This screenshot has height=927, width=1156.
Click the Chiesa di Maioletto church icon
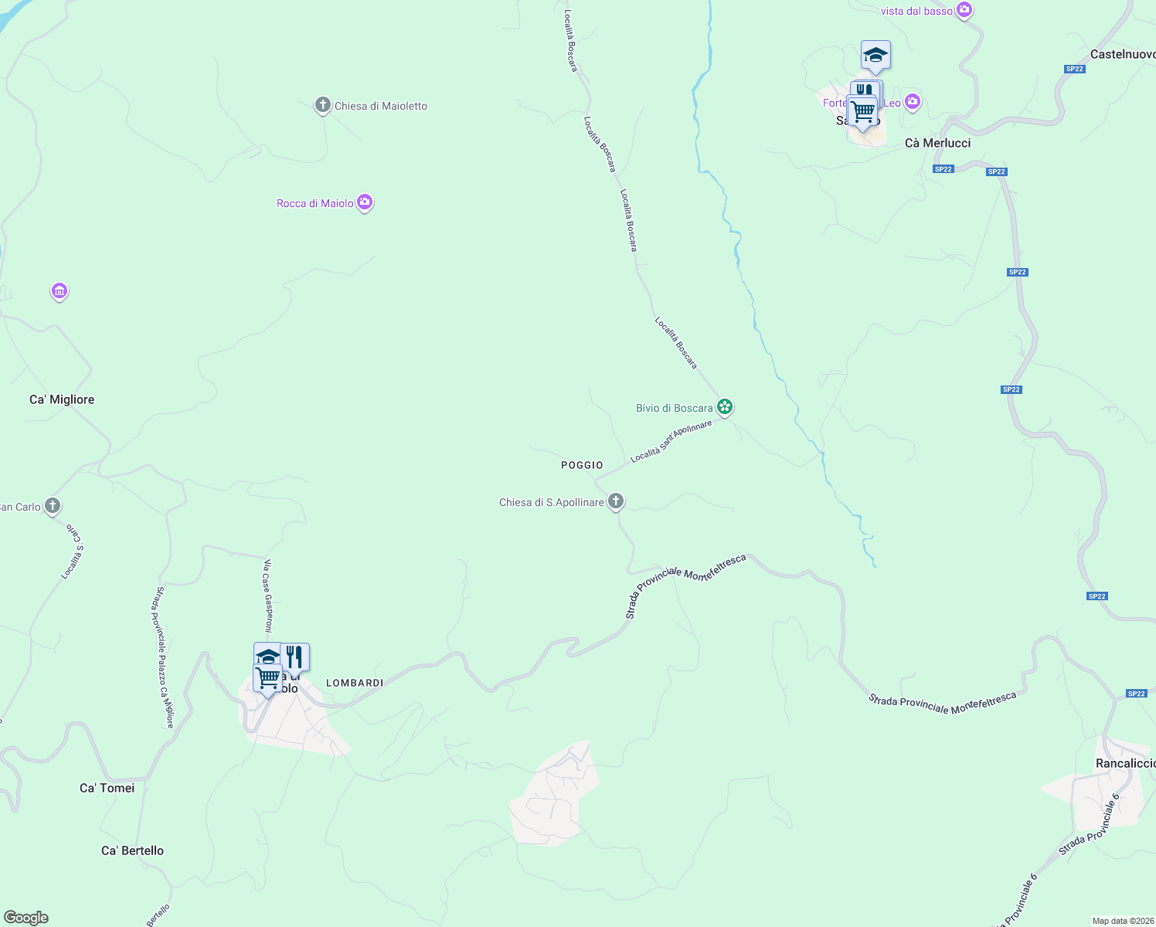pyautogui.click(x=322, y=106)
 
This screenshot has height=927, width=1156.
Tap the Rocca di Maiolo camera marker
pyautogui.click(x=365, y=202)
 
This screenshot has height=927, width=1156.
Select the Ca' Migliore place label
pyautogui.click(x=62, y=399)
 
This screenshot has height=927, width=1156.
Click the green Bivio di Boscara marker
pyautogui.click(x=724, y=406)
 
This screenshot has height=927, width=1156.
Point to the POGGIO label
pyautogui.click(x=582, y=465)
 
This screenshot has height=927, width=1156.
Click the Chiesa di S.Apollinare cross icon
pyautogui.click(x=616, y=501)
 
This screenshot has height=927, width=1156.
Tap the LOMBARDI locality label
pyautogui.click(x=355, y=683)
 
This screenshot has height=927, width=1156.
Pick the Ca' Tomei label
pyautogui.click(x=107, y=788)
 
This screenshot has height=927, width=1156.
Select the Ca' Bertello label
pyautogui.click(x=132, y=851)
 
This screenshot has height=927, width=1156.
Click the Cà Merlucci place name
pyautogui.click(x=937, y=143)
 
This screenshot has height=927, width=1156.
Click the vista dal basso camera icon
pyautogui.click(x=964, y=10)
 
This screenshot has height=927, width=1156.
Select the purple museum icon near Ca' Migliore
pyautogui.click(x=59, y=291)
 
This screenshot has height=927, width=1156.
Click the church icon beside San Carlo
pyautogui.click(x=53, y=506)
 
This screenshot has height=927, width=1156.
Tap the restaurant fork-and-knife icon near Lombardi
pyautogui.click(x=294, y=657)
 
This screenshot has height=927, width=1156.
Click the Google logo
pyautogui.click(x=26, y=918)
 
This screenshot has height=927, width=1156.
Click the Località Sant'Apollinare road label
pyautogui.click(x=671, y=442)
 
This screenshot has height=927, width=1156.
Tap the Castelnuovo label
pyautogui.click(x=1123, y=54)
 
